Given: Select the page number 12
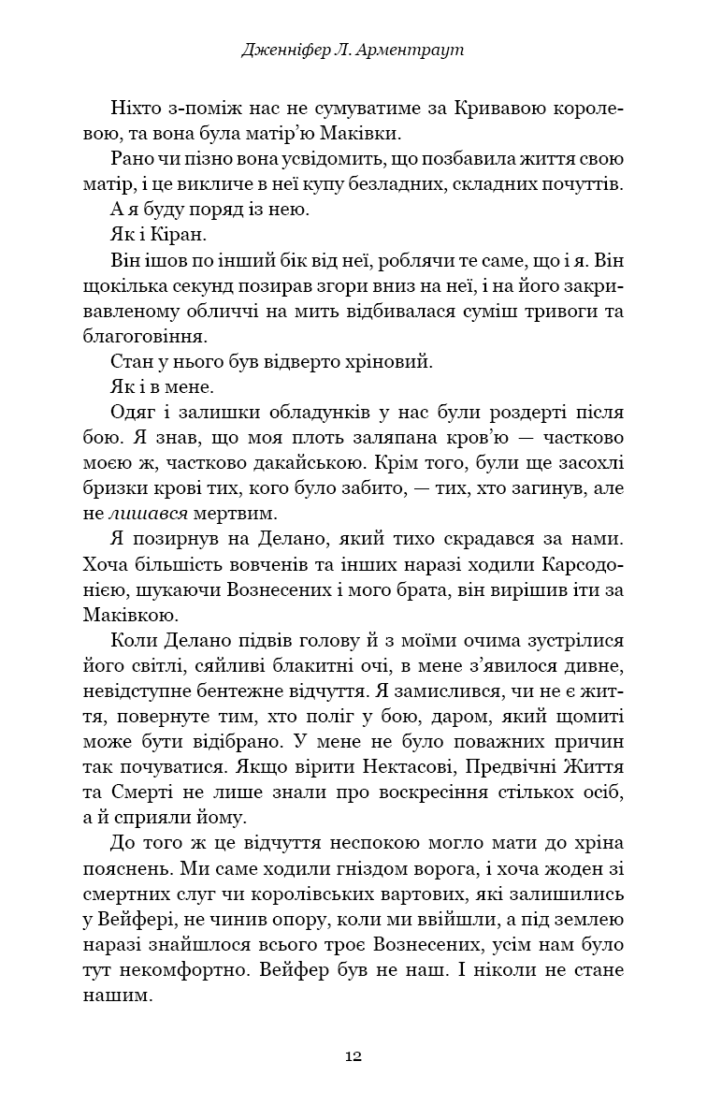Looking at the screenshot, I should tap(353, 1055).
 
